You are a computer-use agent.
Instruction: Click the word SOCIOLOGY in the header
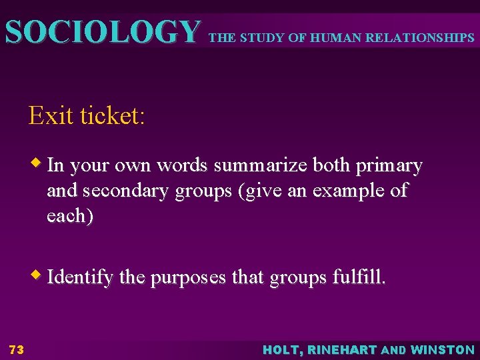(102, 31)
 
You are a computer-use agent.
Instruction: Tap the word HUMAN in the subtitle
(328, 38)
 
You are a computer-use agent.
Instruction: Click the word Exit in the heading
(51, 116)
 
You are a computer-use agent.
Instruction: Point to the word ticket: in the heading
(112, 116)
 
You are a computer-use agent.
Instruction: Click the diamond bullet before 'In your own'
(39, 163)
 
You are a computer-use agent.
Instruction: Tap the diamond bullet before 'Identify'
(39, 274)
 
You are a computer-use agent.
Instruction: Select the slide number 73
(17, 349)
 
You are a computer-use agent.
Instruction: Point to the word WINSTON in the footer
(443, 349)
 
